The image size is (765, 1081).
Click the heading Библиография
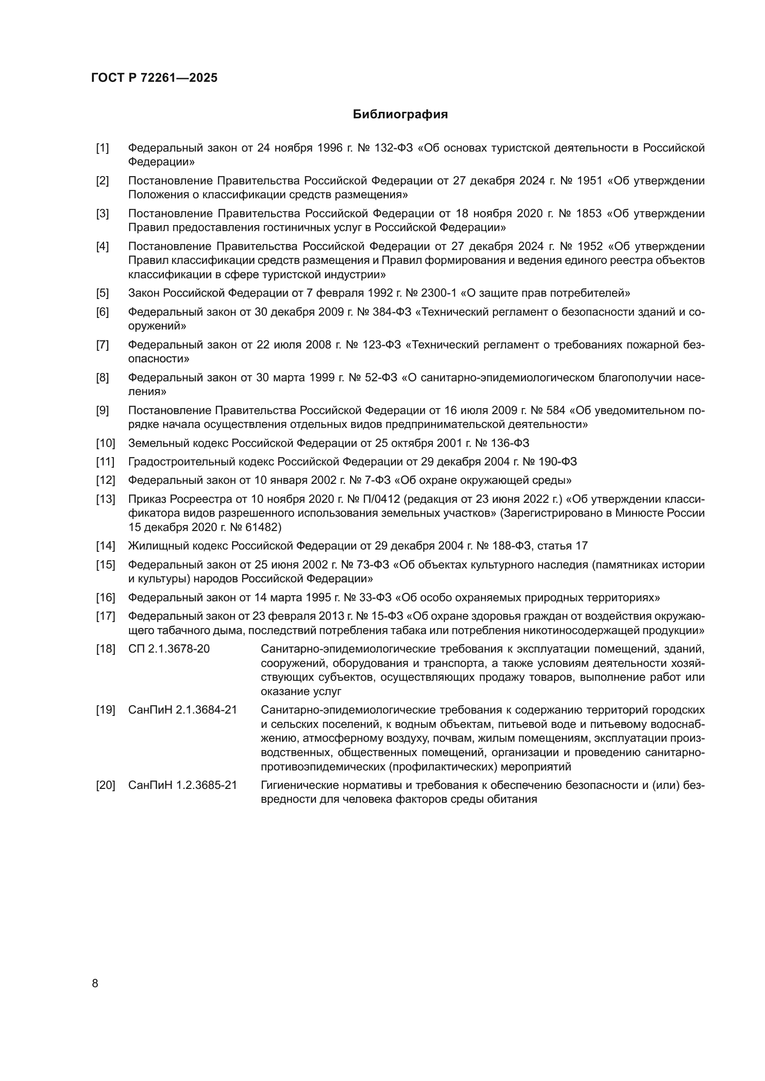tap(400, 115)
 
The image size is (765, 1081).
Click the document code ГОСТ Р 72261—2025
tap(154, 78)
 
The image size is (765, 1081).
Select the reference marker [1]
tap(102, 148)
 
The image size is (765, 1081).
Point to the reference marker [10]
tap(105, 443)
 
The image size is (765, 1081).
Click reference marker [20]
tap(105, 785)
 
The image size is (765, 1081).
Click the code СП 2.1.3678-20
tap(169, 649)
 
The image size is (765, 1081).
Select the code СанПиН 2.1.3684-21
tap(182, 710)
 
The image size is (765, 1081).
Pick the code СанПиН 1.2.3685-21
tap(182, 785)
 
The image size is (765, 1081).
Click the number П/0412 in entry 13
tap(381, 499)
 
